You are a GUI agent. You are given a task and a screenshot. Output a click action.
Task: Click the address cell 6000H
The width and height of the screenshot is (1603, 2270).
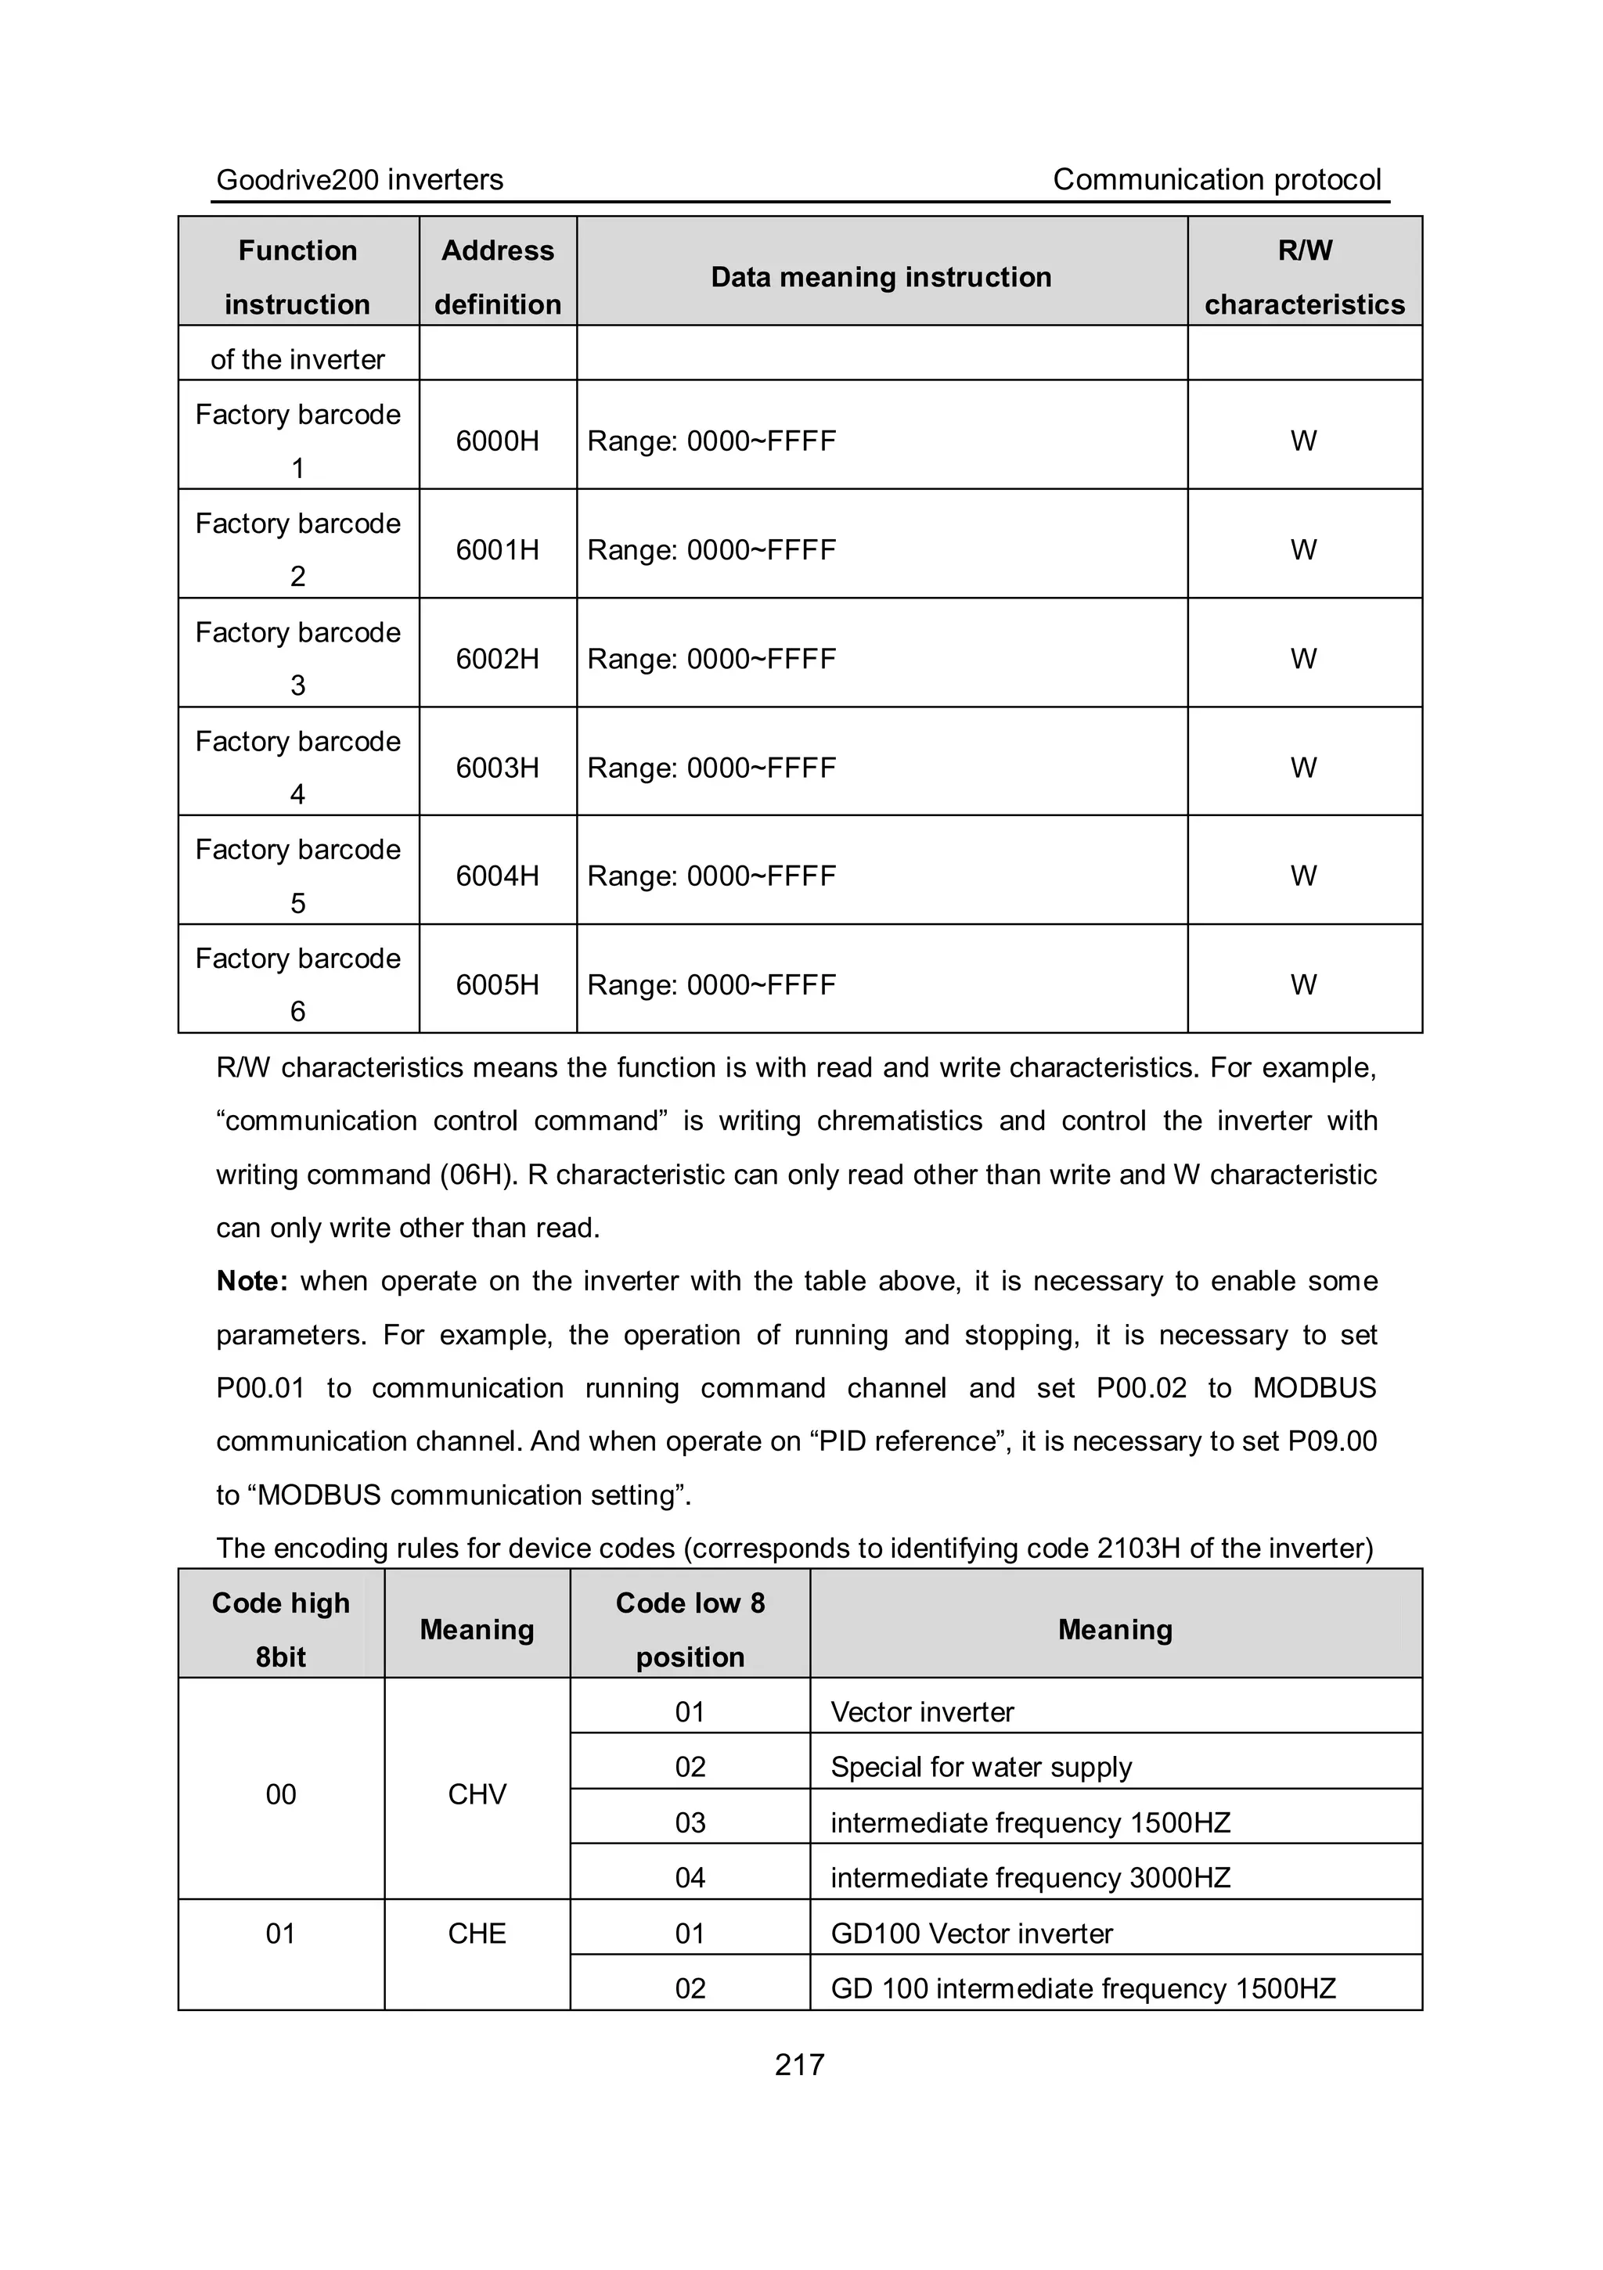click(497, 441)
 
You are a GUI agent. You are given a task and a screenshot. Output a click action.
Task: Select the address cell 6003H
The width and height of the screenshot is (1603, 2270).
click(497, 767)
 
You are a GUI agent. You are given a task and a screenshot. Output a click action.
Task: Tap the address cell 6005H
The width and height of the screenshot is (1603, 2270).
click(497, 984)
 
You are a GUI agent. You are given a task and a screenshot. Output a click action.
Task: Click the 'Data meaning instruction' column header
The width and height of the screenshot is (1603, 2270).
click(881, 277)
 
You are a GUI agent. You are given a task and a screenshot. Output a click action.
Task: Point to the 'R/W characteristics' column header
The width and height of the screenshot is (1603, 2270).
click(1303, 277)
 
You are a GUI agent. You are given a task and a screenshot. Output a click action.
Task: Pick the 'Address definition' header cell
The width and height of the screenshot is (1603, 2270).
click(497, 277)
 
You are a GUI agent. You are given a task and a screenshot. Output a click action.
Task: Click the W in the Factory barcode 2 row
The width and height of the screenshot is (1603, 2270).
click(1303, 550)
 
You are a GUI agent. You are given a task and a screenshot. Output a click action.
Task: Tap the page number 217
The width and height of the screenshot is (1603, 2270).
click(799, 2065)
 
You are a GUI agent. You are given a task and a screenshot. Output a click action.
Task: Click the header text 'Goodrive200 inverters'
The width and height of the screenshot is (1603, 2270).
click(360, 180)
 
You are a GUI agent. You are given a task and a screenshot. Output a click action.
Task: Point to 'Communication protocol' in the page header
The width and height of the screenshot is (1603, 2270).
click(1216, 180)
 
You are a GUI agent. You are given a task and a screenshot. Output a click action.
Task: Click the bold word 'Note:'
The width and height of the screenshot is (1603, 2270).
click(252, 1281)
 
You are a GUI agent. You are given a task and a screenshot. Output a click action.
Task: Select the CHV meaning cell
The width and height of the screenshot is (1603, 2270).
click(477, 1794)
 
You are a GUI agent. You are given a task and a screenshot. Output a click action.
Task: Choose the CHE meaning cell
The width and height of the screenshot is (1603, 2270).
click(477, 1934)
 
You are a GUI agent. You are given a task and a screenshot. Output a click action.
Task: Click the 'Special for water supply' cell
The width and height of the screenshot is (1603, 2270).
click(981, 1768)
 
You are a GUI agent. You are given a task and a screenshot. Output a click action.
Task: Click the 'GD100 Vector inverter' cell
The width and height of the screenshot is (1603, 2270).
click(971, 1934)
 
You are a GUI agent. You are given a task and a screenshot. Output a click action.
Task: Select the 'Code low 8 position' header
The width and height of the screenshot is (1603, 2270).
click(690, 1631)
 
